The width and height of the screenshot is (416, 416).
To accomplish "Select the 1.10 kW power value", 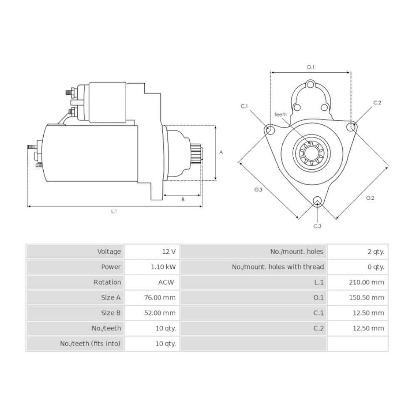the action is (x=163, y=267).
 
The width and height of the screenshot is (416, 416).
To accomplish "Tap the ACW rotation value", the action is (x=166, y=282).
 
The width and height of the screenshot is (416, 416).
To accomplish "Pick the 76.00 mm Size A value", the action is (x=160, y=298).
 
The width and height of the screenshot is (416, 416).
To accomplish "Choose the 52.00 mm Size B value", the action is (x=160, y=313).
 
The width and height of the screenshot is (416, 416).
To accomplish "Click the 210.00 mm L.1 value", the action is (x=366, y=282).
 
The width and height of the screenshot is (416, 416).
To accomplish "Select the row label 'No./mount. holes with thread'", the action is (x=278, y=267).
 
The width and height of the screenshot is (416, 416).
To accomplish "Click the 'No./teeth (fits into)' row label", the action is (x=90, y=344).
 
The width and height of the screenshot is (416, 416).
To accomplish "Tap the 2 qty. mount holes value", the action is (x=376, y=252).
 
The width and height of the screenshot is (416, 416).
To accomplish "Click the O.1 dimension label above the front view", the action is (x=310, y=67).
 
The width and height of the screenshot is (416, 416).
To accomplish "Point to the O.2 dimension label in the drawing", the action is (x=370, y=198).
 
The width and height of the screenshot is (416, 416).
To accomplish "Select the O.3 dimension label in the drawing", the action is (x=258, y=189).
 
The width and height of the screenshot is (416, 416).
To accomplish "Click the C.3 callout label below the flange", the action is (x=317, y=226).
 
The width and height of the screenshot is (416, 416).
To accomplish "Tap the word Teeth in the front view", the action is (x=280, y=115).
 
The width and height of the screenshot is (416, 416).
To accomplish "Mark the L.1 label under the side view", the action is (x=114, y=211).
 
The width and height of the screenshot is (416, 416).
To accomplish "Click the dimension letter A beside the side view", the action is (x=221, y=153).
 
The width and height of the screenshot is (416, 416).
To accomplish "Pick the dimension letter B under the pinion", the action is (x=183, y=200).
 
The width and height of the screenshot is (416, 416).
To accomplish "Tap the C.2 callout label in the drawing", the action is (x=377, y=103).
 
